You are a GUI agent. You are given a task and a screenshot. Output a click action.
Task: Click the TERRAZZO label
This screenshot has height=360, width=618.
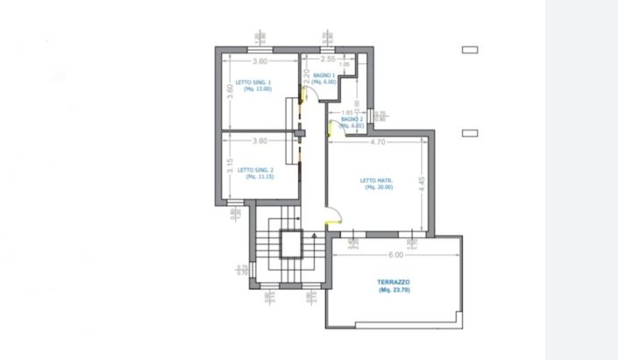pos(394,282)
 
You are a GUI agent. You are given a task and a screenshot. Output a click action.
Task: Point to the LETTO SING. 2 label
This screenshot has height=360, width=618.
pos(257,169)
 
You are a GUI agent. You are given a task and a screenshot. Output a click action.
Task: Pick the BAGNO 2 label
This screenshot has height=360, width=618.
pos(352,119)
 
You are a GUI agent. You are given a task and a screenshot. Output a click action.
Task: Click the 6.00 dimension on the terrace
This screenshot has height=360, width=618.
pos(395,255)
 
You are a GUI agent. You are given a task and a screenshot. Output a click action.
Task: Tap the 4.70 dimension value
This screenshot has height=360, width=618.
pos(378,141)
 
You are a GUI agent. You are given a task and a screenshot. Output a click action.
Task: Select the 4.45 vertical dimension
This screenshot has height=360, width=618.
pos(422,184)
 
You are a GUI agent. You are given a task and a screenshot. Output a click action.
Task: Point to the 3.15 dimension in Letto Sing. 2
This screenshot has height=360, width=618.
pos(230,166)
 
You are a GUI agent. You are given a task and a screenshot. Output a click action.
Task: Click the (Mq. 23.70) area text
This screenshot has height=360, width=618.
pos(394,290)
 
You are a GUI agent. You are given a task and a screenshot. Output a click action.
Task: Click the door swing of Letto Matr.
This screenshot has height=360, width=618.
pos(334,215)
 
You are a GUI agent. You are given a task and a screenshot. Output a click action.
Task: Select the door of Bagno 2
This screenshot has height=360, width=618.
pos(330,128)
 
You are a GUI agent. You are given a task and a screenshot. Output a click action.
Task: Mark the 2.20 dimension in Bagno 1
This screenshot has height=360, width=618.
pos(307,77)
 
